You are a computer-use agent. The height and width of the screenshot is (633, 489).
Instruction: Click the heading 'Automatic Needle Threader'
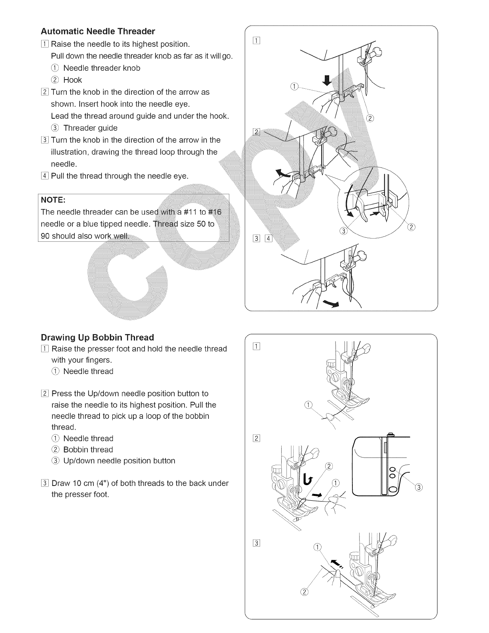point(98,31)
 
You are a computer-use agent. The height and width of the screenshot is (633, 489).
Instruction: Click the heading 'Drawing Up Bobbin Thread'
point(97,337)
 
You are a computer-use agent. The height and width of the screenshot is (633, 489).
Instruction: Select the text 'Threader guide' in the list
point(90,128)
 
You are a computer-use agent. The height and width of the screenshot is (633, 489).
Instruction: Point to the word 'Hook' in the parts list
point(73,80)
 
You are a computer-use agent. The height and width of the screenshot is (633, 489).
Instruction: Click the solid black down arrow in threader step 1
point(327,81)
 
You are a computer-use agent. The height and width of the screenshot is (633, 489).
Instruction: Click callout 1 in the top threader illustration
point(294,87)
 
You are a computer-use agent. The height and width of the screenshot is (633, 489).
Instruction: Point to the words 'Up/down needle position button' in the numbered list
point(119,461)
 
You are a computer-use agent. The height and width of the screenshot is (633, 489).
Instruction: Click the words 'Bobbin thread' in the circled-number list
point(88,450)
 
